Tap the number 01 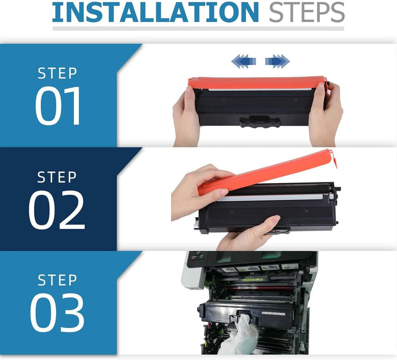(x=58, y=106)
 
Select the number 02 (x=57, y=210)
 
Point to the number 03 (x=57, y=313)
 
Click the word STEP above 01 (x=57, y=73)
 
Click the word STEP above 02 (x=57, y=177)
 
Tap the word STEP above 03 (x=57, y=280)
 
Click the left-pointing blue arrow (x=243, y=61)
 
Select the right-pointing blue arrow (x=277, y=61)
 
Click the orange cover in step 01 (x=256, y=83)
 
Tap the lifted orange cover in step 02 (x=270, y=171)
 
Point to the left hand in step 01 (x=186, y=117)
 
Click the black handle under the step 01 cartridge (x=260, y=121)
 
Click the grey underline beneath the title (x=198, y=28)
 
